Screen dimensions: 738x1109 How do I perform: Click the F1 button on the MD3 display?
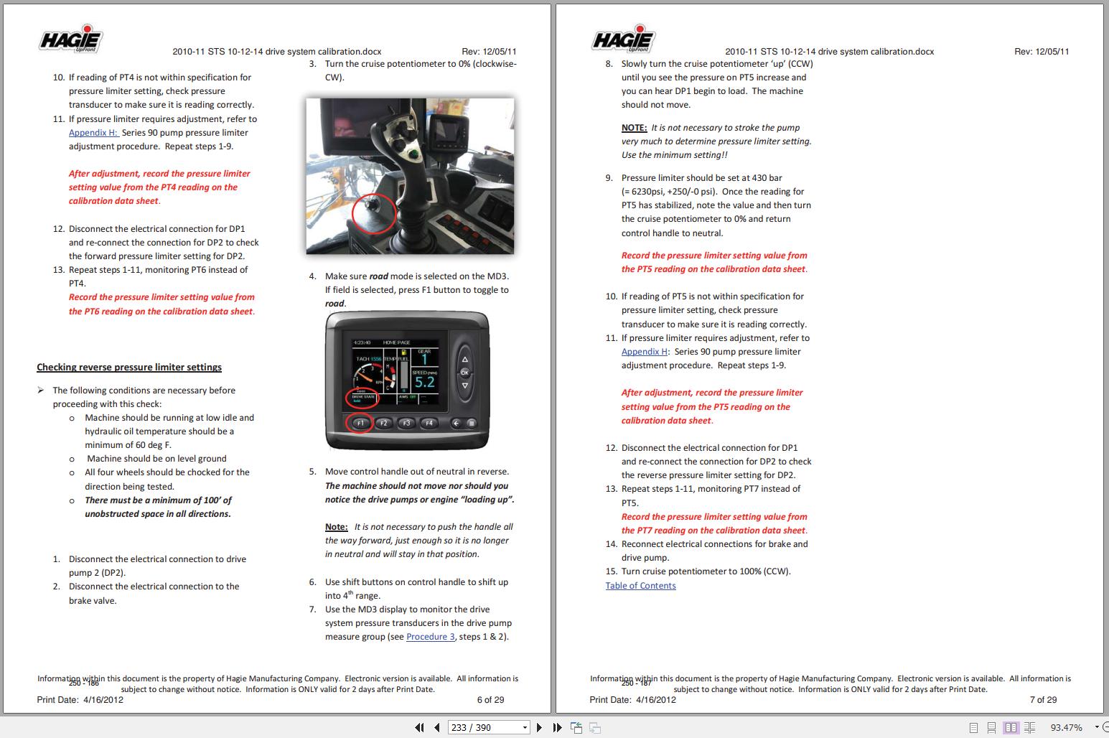[360, 423]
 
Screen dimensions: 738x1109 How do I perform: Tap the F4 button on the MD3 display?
[429, 423]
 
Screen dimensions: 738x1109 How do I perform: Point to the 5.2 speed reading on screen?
[424, 383]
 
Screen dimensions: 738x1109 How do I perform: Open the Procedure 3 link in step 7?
[430, 637]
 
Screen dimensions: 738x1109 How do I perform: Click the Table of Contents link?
[640, 586]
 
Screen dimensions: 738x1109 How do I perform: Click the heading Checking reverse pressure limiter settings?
[129, 368]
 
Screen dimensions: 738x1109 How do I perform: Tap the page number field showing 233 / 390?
[488, 727]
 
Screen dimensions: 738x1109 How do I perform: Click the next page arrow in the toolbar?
[539, 727]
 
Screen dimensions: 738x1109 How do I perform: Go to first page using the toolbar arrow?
[419, 727]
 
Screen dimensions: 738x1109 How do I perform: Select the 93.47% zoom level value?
[1066, 727]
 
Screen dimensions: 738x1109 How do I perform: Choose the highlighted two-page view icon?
[1011, 727]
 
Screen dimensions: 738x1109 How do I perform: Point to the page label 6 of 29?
[490, 700]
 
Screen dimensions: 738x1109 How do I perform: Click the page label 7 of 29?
[1043, 700]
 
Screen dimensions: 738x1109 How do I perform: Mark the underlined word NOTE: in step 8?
[634, 128]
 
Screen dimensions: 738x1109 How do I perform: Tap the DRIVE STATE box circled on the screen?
[364, 398]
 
